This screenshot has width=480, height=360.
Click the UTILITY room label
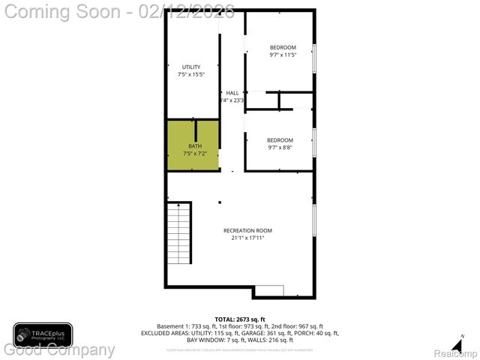click(191, 67)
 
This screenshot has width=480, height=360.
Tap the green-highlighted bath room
click(193, 145)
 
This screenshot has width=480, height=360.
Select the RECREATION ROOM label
click(247, 230)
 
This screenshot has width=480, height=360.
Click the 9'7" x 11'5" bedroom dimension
click(283, 55)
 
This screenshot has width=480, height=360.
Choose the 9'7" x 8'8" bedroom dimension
click(280, 148)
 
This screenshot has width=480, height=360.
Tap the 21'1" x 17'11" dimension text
click(247, 238)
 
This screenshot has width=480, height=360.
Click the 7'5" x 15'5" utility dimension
click(191, 74)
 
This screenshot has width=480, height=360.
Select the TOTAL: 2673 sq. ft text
click(240, 319)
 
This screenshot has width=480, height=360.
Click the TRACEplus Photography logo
click(43, 334)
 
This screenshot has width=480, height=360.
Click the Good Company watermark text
click(60, 349)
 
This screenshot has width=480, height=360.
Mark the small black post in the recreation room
click(219, 201)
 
